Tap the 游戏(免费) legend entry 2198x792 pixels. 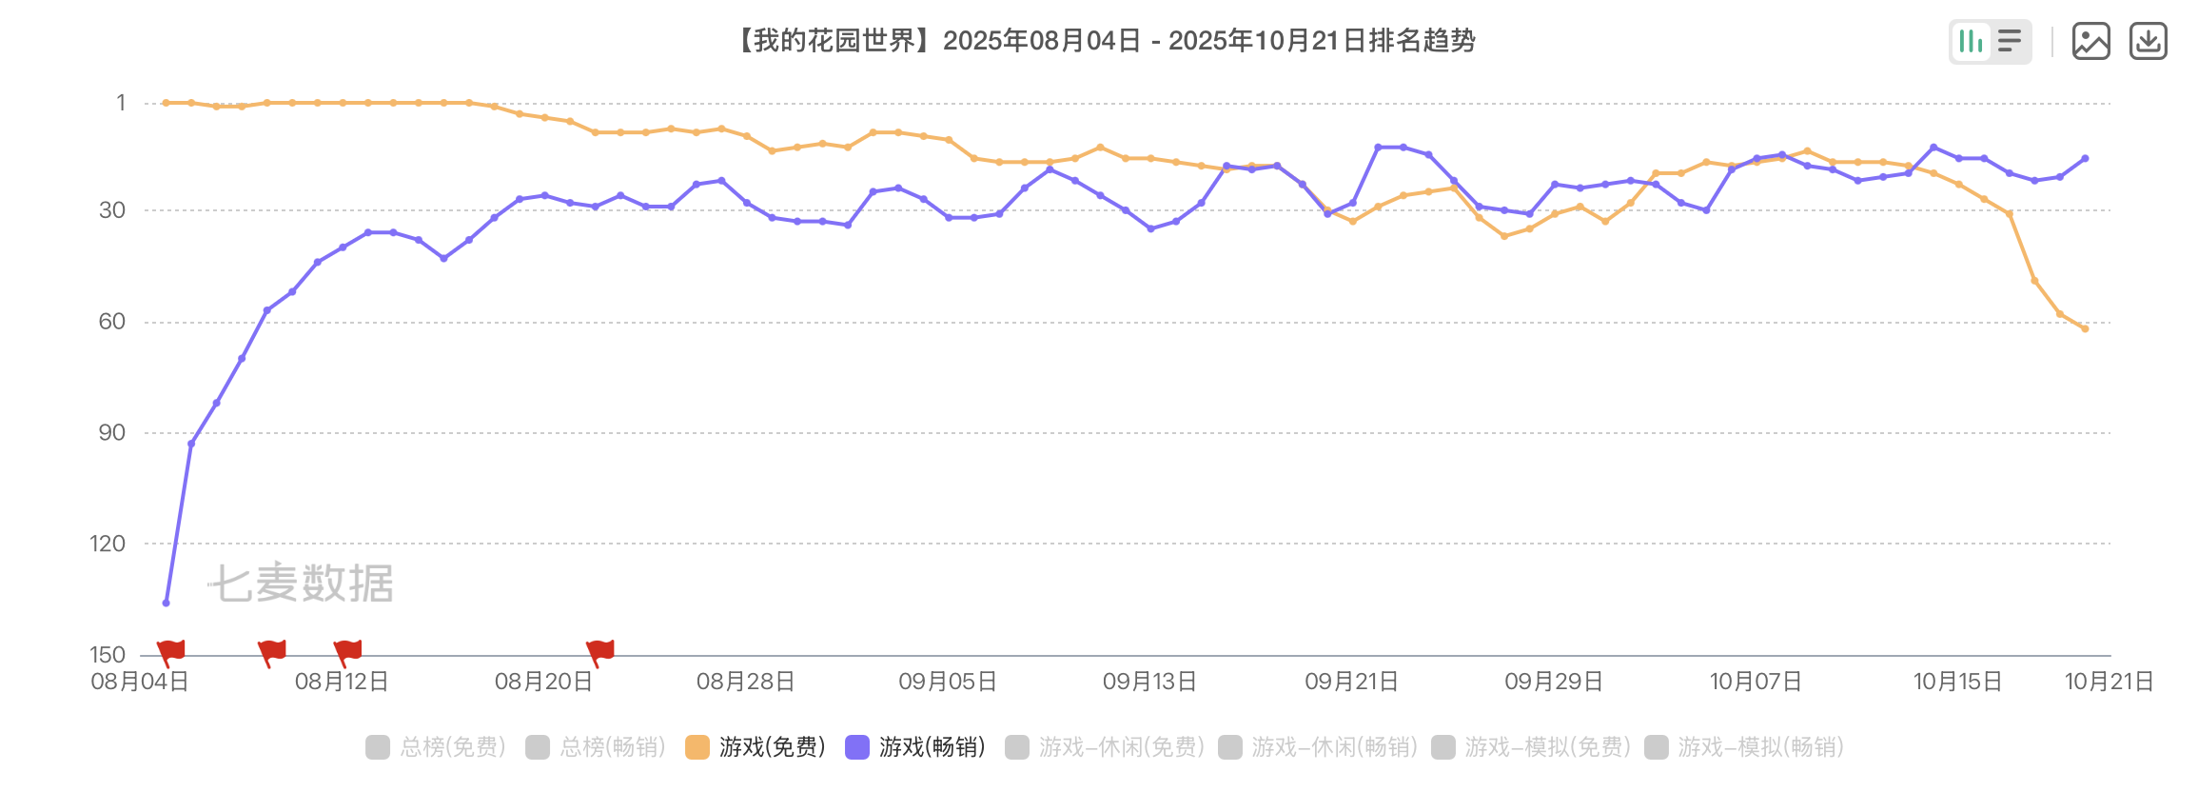(756, 747)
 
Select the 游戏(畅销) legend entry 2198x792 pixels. (915, 747)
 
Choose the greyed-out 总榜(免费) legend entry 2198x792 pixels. (436, 747)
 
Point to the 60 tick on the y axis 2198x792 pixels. (112, 322)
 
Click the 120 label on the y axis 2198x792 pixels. (108, 544)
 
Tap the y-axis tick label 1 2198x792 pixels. (121, 103)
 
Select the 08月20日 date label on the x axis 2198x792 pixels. (543, 682)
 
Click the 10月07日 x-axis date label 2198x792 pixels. (1756, 682)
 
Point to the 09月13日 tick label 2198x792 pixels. (1149, 682)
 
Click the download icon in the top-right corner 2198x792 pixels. (2148, 42)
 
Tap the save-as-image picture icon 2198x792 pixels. (2090, 42)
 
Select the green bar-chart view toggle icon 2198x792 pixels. (1971, 42)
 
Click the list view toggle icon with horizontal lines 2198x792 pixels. (2010, 42)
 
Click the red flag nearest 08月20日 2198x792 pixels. (601, 651)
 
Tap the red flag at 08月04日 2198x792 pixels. (171, 651)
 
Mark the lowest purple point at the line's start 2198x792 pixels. (167, 603)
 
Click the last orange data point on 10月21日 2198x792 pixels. (2085, 329)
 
